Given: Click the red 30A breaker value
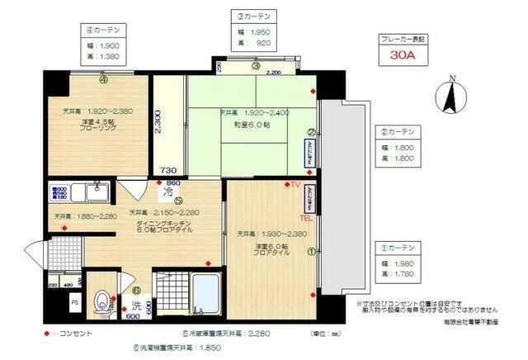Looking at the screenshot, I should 404,57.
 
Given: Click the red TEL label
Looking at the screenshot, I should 305,220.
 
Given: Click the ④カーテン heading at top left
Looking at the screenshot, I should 103,28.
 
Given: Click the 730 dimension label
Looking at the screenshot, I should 168,170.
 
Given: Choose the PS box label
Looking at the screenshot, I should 75,302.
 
